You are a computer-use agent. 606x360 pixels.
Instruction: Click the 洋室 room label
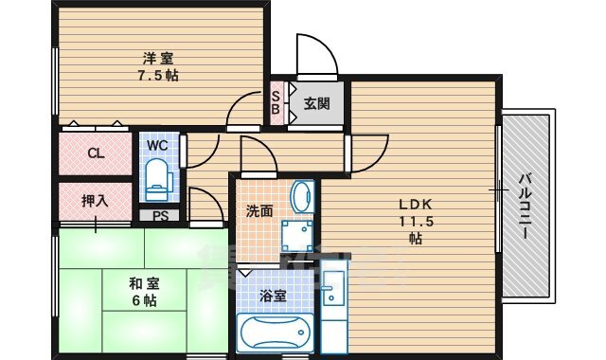pos(158,59)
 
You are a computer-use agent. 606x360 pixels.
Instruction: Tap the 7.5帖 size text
pos(158,75)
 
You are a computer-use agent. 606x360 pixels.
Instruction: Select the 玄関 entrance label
pos(317,103)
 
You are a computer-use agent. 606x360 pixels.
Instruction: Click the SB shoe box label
pos(276,102)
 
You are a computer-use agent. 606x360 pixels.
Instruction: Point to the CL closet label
pos(96,153)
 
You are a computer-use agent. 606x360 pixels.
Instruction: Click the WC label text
pos(158,145)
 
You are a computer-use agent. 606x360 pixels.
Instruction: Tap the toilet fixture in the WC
pos(158,180)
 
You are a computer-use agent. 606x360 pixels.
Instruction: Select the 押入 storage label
pos(95,201)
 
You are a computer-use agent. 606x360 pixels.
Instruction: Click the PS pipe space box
pos(160,215)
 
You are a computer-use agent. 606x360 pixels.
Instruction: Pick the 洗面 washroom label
pos(259,211)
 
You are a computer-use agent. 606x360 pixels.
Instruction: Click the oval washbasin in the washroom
pos(302,197)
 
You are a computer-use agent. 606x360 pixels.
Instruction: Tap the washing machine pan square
pos(296,236)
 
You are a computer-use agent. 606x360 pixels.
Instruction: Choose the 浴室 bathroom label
pos(273,297)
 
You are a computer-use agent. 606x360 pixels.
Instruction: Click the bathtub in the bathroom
pos(276,333)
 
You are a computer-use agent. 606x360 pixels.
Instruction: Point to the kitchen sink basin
pos(333,288)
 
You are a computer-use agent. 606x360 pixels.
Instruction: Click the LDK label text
pos(416,204)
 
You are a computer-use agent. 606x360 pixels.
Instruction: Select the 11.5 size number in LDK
pos(417,222)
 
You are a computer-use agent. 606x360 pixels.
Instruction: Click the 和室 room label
pos(144,284)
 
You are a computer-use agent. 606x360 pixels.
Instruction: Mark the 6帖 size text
pos(144,300)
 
